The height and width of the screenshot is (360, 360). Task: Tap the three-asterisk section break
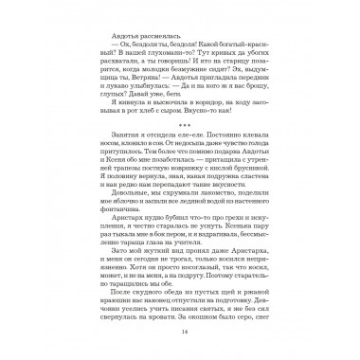[x=180, y=131]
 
